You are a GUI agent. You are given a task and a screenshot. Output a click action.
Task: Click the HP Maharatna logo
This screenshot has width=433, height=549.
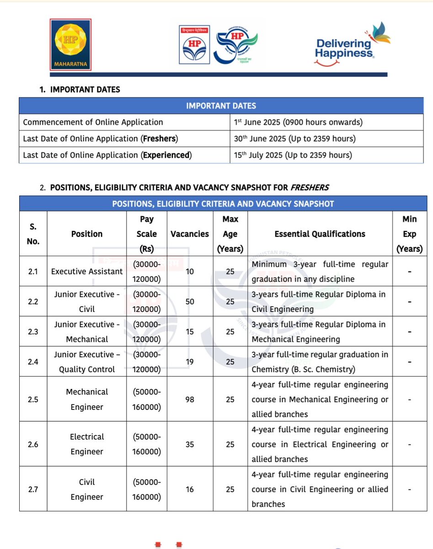tap(70, 45)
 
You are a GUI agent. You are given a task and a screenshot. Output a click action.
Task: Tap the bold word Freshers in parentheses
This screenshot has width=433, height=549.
tap(160, 139)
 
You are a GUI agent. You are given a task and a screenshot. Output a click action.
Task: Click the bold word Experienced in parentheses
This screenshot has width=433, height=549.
tap(166, 155)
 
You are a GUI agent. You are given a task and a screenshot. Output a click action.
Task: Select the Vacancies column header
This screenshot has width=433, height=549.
tap(189, 234)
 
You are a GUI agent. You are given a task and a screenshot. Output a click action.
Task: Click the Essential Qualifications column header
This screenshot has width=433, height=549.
tap(320, 234)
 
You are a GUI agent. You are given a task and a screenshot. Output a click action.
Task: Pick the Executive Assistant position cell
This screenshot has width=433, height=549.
tap(87, 271)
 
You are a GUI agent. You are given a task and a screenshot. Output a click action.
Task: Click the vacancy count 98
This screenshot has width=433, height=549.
tap(189, 399)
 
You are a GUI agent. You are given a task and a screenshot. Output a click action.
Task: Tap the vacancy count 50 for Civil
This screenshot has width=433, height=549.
tap(189, 301)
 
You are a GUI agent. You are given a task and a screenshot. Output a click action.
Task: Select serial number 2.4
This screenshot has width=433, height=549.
tap(33, 362)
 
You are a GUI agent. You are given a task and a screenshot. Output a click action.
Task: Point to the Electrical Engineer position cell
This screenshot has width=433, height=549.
tap(87, 444)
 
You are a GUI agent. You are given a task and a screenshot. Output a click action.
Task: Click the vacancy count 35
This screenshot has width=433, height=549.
tap(189, 444)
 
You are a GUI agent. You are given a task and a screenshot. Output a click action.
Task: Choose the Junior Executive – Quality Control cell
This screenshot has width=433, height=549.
tap(87, 362)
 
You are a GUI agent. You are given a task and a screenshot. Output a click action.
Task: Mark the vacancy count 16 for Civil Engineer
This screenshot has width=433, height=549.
tap(189, 489)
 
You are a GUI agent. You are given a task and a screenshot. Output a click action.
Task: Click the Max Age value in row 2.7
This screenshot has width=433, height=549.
tap(230, 489)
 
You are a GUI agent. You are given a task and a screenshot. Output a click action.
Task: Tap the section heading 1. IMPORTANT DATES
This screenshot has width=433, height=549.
tap(80, 90)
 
